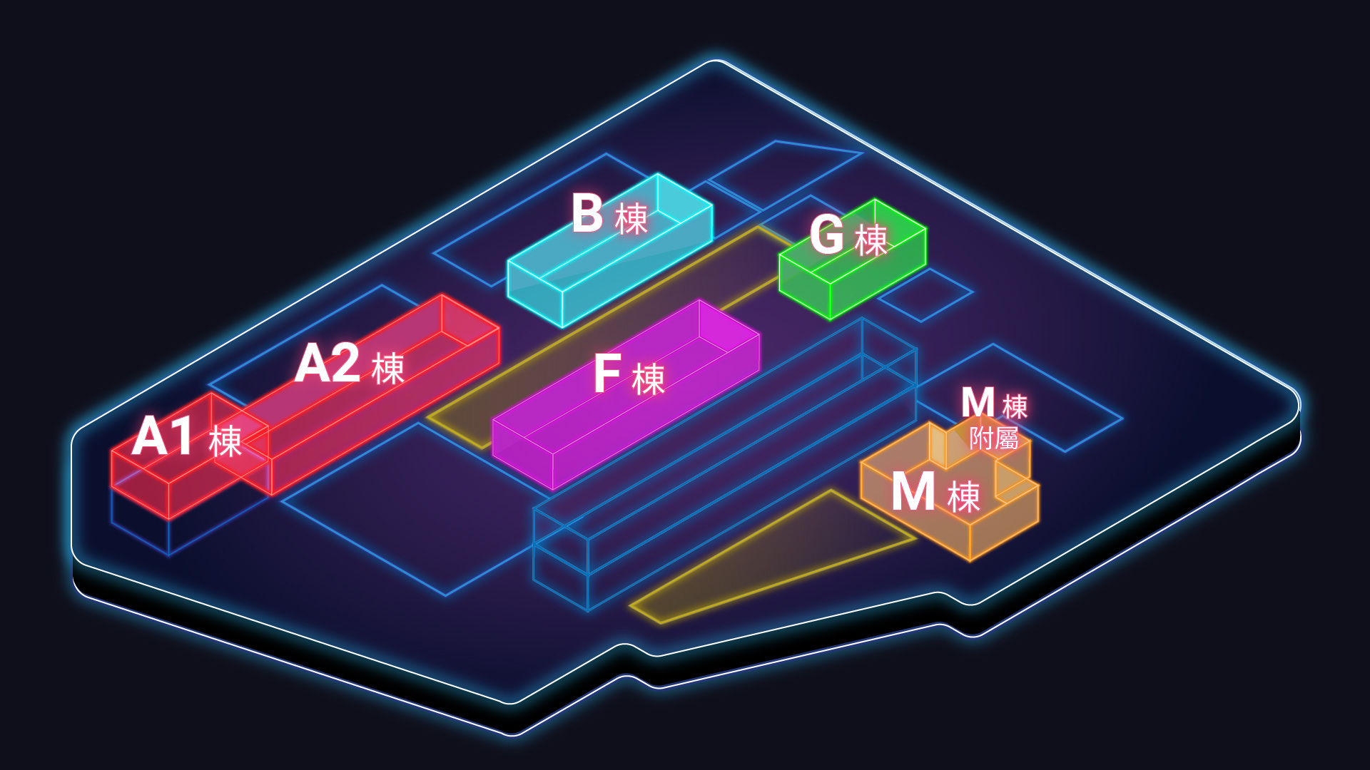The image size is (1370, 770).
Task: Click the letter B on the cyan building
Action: (x=587, y=213)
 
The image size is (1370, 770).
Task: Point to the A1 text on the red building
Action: (x=163, y=436)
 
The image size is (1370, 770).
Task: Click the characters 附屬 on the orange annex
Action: (x=993, y=438)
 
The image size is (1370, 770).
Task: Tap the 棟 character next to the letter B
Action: (x=631, y=218)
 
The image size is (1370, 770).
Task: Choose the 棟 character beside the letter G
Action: (x=871, y=240)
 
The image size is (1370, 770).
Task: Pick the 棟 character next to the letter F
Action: (x=649, y=379)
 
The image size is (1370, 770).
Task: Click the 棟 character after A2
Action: (x=388, y=369)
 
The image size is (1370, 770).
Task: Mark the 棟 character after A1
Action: (x=225, y=441)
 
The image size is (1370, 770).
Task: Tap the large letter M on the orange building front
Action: (x=913, y=492)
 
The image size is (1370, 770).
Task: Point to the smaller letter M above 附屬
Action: (x=978, y=403)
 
